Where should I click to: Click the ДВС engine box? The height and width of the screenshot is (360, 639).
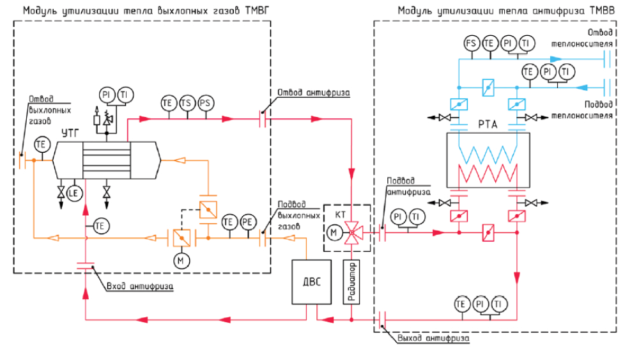tap(310, 281)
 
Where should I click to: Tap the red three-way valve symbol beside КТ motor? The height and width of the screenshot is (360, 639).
tap(351, 232)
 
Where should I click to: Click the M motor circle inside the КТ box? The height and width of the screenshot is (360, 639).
tap(334, 232)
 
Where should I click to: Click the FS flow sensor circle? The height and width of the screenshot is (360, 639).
tap(472, 43)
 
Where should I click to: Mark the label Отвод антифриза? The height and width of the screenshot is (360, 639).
tap(313, 91)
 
